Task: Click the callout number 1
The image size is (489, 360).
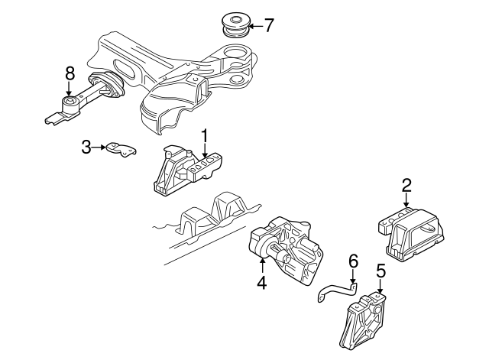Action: [x=205, y=136]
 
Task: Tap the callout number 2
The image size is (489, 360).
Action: [x=406, y=184]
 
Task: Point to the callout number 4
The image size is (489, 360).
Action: [x=261, y=283]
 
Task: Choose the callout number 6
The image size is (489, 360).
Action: [x=352, y=261]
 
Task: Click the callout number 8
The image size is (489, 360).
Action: [x=70, y=74]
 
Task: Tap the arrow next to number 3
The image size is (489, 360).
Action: [x=99, y=147]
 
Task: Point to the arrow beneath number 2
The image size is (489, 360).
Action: [x=406, y=200]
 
